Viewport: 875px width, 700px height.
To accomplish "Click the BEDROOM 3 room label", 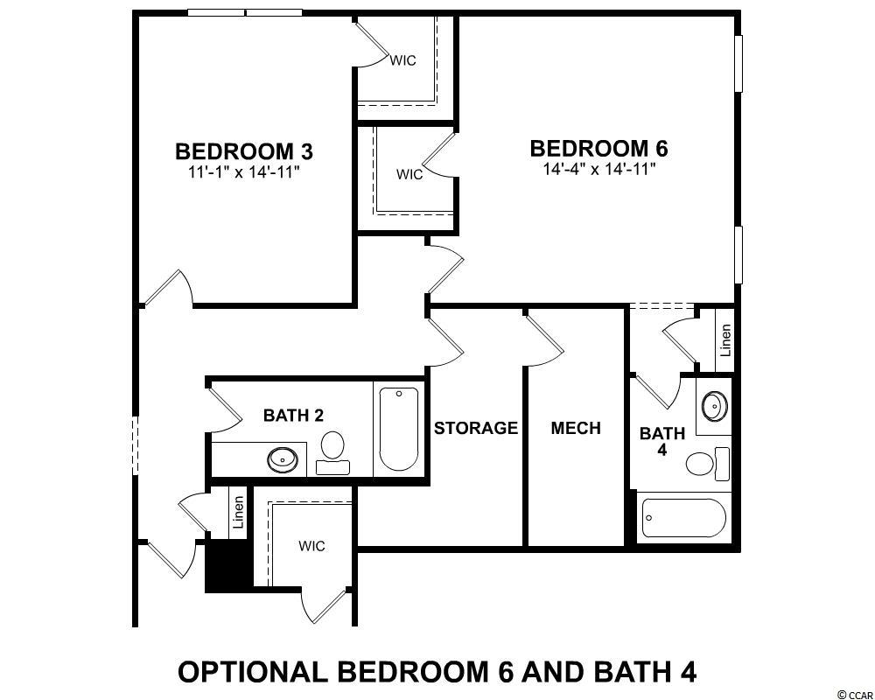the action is pyautogui.click(x=244, y=151).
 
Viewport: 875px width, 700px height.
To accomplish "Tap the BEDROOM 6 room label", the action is pyautogui.click(x=598, y=149).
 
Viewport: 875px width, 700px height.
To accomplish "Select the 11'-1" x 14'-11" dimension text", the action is pyautogui.click(x=244, y=171).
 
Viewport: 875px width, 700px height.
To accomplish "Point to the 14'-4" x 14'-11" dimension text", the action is pyautogui.click(x=598, y=169).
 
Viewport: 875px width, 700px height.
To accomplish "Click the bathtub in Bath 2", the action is pyautogui.click(x=398, y=429).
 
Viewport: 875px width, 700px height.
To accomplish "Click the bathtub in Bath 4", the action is pyautogui.click(x=683, y=518).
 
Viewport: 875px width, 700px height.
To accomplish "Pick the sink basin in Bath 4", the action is pyautogui.click(x=714, y=405).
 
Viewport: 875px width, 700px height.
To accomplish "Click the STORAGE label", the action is pyautogui.click(x=476, y=428).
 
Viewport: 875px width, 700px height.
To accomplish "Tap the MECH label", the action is pyautogui.click(x=576, y=428).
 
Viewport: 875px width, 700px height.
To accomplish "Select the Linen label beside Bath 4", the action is pyautogui.click(x=724, y=341).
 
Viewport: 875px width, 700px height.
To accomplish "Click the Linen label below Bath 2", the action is pyautogui.click(x=239, y=513).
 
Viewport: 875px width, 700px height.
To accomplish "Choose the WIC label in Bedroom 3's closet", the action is pyautogui.click(x=402, y=60).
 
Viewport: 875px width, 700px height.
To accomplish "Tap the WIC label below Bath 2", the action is pyautogui.click(x=311, y=546).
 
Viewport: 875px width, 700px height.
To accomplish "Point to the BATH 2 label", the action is pyautogui.click(x=293, y=416).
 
